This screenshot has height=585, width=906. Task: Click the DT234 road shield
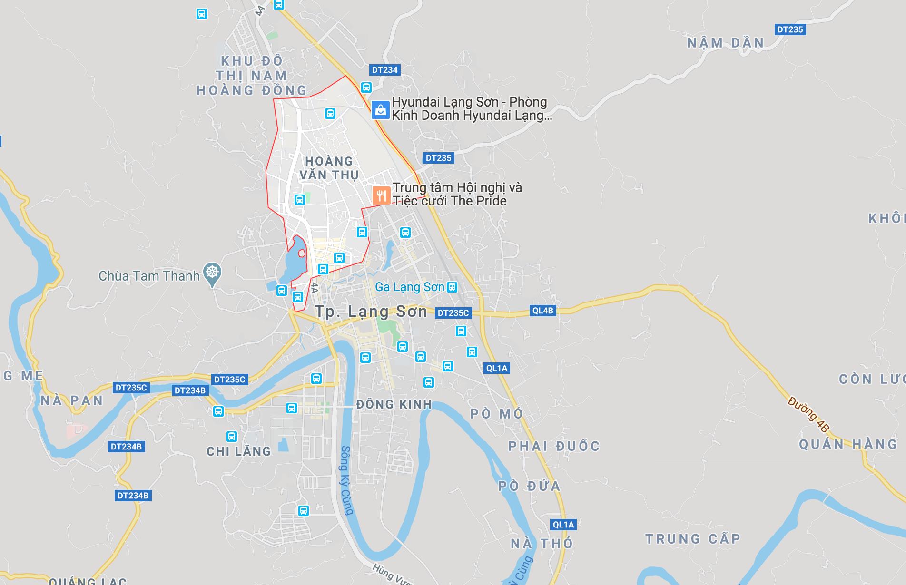pos(384,70)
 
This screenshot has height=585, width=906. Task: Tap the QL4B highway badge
pos(542,311)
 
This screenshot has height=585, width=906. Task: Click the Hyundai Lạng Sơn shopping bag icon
pos(380,109)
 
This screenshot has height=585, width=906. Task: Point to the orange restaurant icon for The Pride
pos(381,195)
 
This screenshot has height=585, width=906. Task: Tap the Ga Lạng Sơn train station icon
pos(452,287)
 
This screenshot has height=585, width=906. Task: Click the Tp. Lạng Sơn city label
pos(371,312)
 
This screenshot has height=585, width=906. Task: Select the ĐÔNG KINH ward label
pos(394,404)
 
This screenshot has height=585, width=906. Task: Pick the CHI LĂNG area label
pos(238,451)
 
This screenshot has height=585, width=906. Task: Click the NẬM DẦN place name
pos(725,43)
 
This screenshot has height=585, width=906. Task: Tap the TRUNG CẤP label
pos(693,539)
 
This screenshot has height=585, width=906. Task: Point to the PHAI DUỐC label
pos(554,446)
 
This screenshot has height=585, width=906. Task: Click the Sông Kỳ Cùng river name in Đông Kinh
pos(347,480)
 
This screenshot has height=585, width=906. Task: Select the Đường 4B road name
pos(808,414)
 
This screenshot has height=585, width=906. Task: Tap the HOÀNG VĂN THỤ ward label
pos(329,168)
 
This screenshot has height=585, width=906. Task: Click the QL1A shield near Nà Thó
pos(563,525)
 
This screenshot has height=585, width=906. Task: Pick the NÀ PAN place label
pos(71,400)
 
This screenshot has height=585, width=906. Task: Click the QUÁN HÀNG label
pos(848,444)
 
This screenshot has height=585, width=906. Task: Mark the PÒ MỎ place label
pos(496,414)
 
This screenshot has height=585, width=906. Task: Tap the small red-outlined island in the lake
pos(302,253)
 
